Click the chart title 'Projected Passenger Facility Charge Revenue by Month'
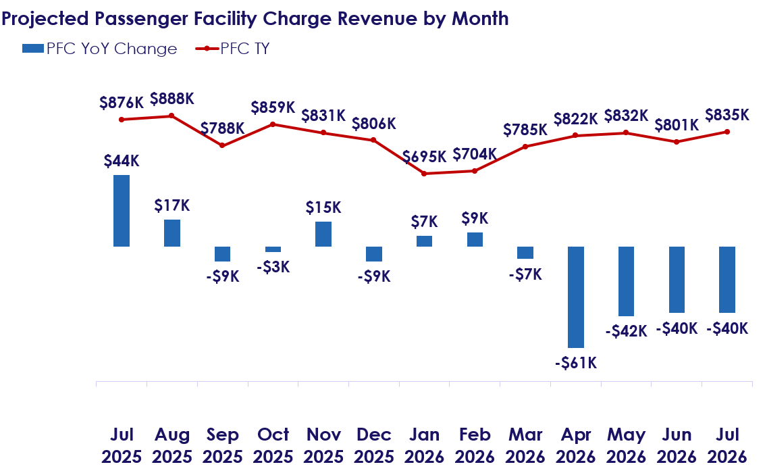click(255, 18)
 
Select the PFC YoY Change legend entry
click(99, 49)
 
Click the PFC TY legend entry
click(232, 49)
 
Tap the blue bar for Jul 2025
click(122, 211)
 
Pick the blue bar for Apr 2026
click(576, 297)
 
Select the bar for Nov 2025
click(323, 234)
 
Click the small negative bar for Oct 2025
click(273, 249)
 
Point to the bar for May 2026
click(626, 281)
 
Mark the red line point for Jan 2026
click(424, 174)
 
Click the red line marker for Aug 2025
click(172, 116)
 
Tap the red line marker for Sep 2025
click(222, 145)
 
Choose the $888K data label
click(172, 99)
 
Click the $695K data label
click(425, 157)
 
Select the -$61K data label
click(576, 363)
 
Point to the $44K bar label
click(122, 161)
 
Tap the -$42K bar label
click(626, 331)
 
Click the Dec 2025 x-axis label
click(373, 445)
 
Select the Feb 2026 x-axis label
click(475, 445)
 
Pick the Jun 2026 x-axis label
click(677, 445)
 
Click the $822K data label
click(576, 119)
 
